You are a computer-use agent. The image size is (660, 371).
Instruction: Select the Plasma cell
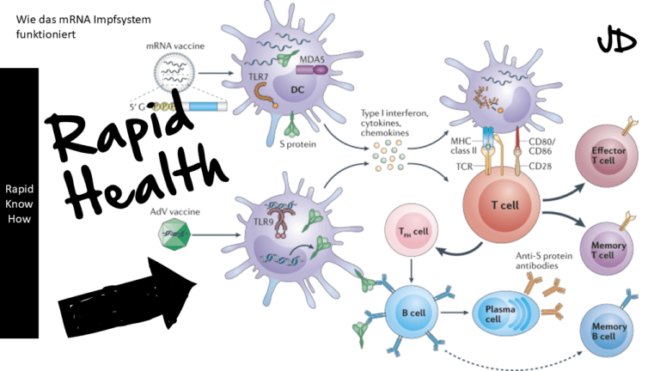coord(506,310)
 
